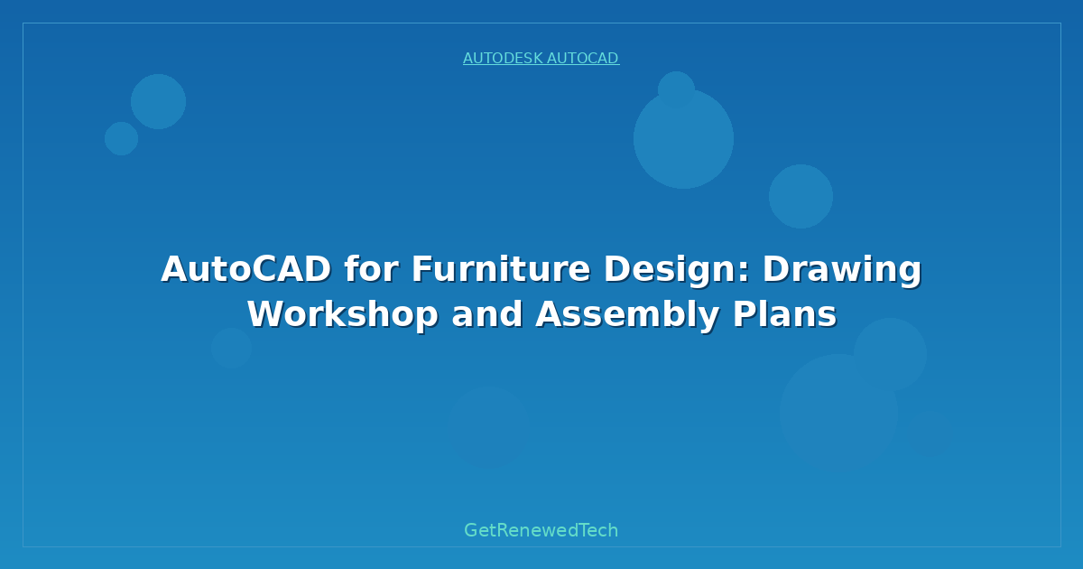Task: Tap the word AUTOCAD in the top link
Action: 582,59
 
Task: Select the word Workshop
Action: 343,314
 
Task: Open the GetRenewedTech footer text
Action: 541,531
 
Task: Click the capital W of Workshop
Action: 265,314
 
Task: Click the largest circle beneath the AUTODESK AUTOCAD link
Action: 683,145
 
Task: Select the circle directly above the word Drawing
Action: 801,196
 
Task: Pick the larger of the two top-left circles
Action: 158,101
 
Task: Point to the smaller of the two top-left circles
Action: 121,138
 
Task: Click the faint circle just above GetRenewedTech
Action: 488,426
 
